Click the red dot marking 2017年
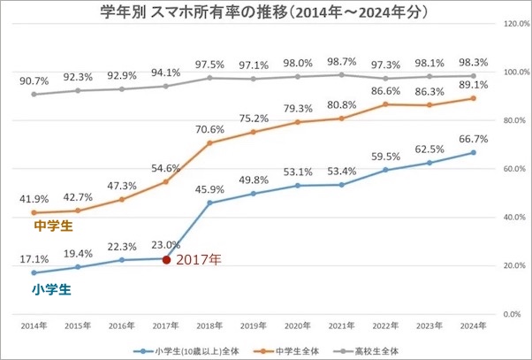[x=166, y=259]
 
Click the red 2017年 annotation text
[x=199, y=260]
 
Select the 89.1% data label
[x=474, y=85]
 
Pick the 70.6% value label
[x=209, y=128]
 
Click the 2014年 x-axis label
[x=35, y=326]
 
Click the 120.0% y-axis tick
[x=515, y=24]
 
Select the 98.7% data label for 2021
[x=340, y=61]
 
